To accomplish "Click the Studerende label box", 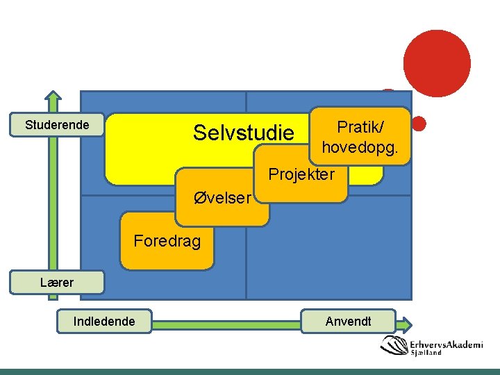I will pyautogui.click(x=57, y=124).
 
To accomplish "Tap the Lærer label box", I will pyautogui.click(x=57, y=282).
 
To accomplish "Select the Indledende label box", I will pyautogui.click(x=104, y=321).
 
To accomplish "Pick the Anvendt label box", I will pyautogui.click(x=348, y=321).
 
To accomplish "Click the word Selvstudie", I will pyautogui.click(x=244, y=132).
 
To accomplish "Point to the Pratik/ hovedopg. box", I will pyautogui.click(x=360, y=136).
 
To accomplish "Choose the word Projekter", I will pyautogui.click(x=301, y=174).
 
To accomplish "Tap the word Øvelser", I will pyautogui.click(x=222, y=197).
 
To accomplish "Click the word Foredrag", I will pyautogui.click(x=167, y=241).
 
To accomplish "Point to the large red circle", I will pyautogui.click(x=437, y=63).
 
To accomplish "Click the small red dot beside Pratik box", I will pyautogui.click(x=419, y=123).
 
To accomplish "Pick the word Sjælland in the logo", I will pyautogui.click(x=426, y=353).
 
